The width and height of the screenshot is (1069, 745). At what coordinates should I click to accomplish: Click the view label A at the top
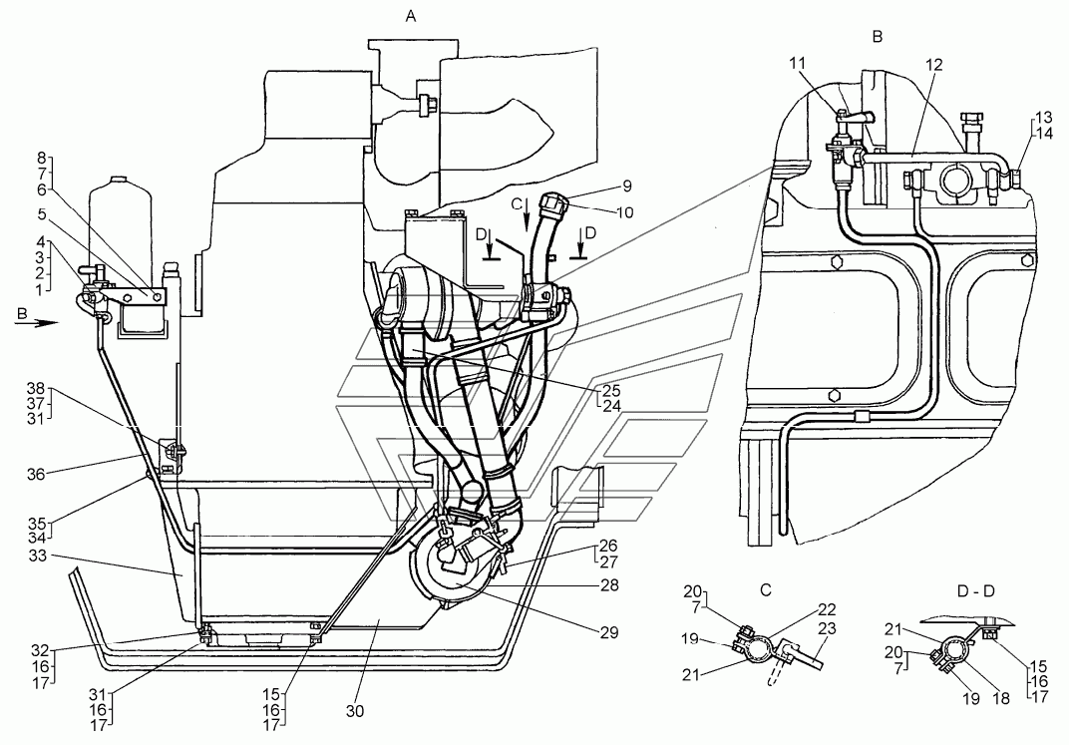click(x=411, y=16)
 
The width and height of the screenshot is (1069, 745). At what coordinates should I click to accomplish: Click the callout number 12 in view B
click(x=934, y=65)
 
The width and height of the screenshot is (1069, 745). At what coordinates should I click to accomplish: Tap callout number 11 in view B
click(x=798, y=64)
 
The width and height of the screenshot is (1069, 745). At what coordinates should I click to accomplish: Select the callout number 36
click(x=36, y=474)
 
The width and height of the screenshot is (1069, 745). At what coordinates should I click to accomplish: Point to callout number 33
click(x=38, y=557)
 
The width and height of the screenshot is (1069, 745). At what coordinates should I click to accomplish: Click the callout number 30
click(x=355, y=711)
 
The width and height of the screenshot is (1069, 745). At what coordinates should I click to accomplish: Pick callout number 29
click(x=609, y=632)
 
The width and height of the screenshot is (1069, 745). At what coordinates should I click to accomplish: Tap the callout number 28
click(x=609, y=584)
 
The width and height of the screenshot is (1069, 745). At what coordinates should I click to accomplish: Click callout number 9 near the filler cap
click(x=627, y=186)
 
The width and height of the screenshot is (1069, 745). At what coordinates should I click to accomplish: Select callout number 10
click(x=624, y=212)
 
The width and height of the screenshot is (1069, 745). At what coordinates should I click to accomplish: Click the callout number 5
click(x=42, y=214)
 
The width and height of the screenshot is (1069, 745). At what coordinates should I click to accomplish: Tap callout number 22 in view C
click(x=827, y=609)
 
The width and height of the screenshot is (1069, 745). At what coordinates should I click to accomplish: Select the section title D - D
click(x=976, y=591)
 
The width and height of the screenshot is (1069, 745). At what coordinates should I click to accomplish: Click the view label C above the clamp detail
click(x=766, y=589)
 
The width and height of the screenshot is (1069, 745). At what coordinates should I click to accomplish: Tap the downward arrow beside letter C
click(x=527, y=219)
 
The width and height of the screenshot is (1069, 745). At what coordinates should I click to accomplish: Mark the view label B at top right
click(x=878, y=37)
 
